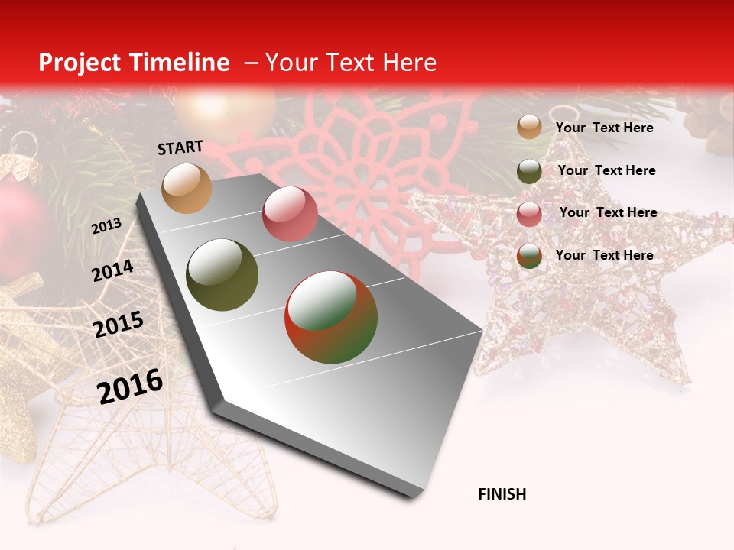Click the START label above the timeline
click(180, 147)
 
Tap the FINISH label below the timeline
click(502, 494)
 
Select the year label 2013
click(106, 226)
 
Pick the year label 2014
click(112, 271)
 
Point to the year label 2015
click(119, 325)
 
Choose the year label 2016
click(130, 387)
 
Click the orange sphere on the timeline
click(187, 189)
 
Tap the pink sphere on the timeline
click(290, 214)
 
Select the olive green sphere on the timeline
click(222, 275)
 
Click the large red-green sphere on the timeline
click(331, 317)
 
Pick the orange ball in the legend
click(529, 127)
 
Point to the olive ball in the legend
click(529, 171)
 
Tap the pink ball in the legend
click(529, 214)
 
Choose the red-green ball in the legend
click(529, 256)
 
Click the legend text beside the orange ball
click(604, 128)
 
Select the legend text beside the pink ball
click(608, 212)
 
